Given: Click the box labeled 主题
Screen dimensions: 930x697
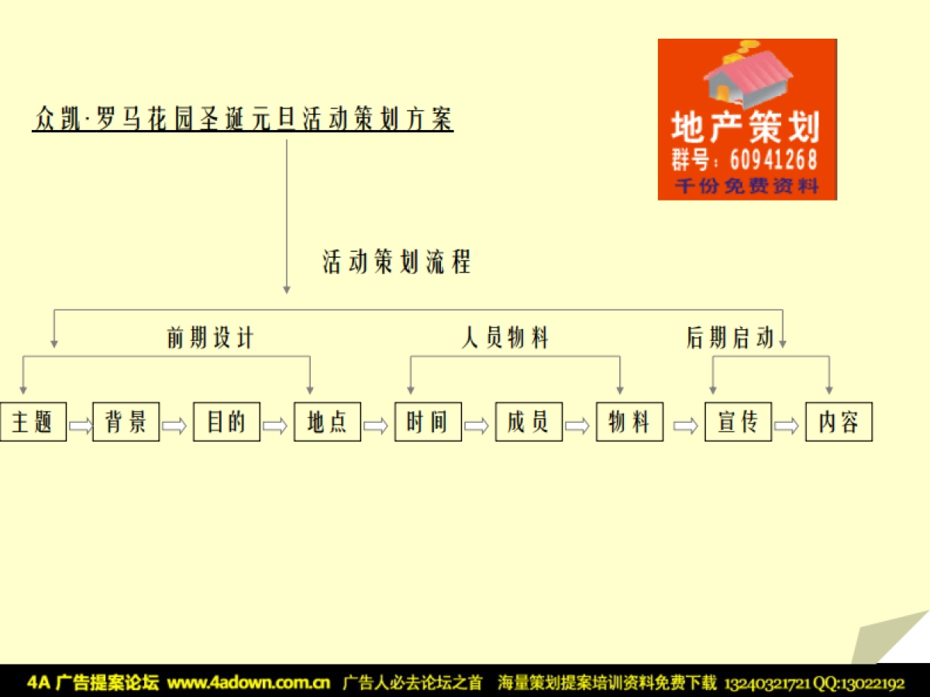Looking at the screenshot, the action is (x=33, y=422).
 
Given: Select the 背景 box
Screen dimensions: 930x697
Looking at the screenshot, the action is (x=126, y=422).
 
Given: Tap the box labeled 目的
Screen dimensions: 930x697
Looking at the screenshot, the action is (x=226, y=422).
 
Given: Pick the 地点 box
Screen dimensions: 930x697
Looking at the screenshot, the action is (x=327, y=422).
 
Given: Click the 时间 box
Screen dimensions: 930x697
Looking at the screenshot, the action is (x=428, y=422).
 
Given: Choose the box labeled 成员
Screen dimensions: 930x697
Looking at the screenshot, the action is (x=529, y=422).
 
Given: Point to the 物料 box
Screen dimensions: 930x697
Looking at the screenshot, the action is (x=629, y=422).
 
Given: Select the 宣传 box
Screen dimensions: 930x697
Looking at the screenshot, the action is (x=738, y=422).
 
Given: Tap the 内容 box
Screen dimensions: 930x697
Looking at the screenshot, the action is (x=839, y=422).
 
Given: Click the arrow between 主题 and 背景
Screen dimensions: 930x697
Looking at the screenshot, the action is (x=80, y=425).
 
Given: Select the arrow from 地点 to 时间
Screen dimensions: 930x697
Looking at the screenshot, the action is (x=376, y=425).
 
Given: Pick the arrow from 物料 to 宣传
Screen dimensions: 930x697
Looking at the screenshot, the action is (x=684, y=425).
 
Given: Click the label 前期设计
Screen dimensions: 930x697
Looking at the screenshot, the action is (x=210, y=338).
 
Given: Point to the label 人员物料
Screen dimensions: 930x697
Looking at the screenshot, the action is (x=505, y=338).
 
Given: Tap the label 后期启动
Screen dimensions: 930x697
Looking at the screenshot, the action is (x=729, y=338).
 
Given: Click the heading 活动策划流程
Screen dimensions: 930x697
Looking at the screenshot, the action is (x=397, y=263).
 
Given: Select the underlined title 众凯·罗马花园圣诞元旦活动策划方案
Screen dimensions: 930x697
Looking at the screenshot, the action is (x=243, y=119).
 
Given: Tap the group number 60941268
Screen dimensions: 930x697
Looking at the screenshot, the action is (x=773, y=160).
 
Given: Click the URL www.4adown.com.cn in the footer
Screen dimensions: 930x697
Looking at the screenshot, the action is (x=249, y=683).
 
